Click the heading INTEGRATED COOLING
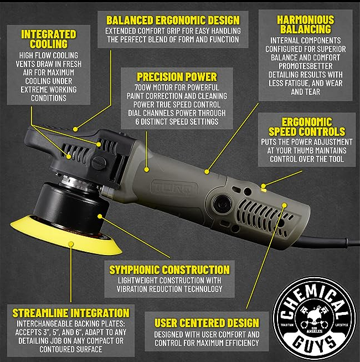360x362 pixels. pyautogui.click(x=49, y=39)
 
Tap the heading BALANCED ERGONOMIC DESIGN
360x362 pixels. pyautogui.click(x=173, y=21)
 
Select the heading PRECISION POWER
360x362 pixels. pyautogui.click(x=177, y=77)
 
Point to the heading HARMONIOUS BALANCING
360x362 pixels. pyautogui.click(x=305, y=24)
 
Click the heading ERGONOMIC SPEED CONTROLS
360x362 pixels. pyautogui.click(x=307, y=127)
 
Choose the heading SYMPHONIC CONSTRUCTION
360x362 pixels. pyautogui.click(x=169, y=269)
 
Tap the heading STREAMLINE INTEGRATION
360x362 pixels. pyautogui.click(x=71, y=313)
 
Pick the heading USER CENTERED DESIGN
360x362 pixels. pyautogui.click(x=207, y=323)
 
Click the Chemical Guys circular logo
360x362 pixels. pyautogui.click(x=315, y=319)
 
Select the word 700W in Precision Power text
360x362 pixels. pyautogui.click(x=143, y=88)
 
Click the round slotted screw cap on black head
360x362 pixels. pyautogui.click(x=99, y=163)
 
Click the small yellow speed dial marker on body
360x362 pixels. pyautogui.click(x=264, y=190)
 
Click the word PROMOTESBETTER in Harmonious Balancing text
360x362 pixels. pyautogui.click(x=306, y=66)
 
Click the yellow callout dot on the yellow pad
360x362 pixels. pyautogui.click(x=71, y=244)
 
